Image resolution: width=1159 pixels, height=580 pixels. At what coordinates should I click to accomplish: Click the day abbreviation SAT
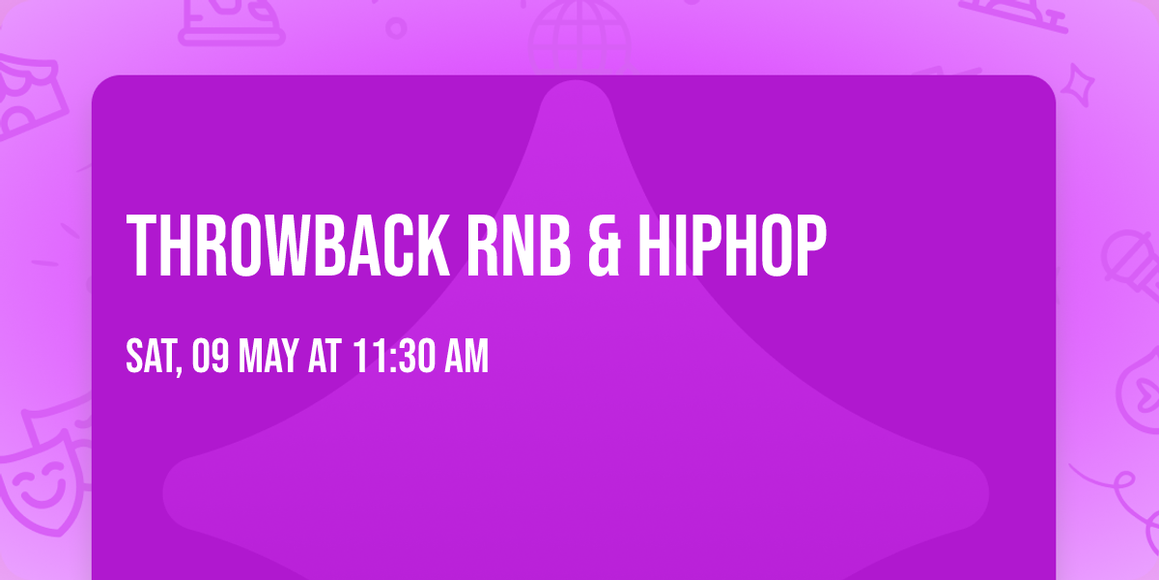[150, 357]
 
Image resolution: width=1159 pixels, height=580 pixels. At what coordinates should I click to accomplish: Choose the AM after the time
[466, 357]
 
